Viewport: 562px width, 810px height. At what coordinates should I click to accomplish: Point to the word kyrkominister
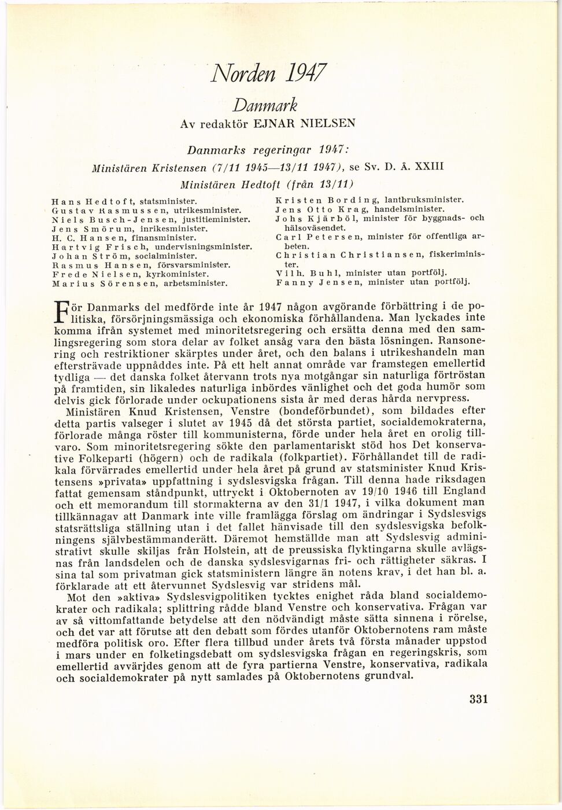tap(179, 274)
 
